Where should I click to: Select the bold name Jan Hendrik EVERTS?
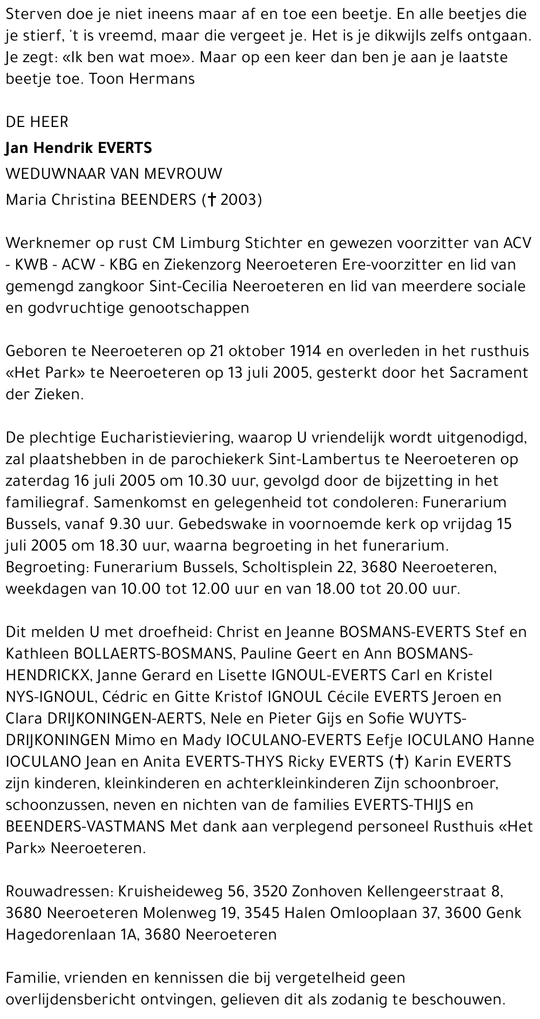(79, 148)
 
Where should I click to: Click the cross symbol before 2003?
(212, 200)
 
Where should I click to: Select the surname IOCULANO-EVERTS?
(293, 740)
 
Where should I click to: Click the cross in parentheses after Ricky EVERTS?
(399, 762)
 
